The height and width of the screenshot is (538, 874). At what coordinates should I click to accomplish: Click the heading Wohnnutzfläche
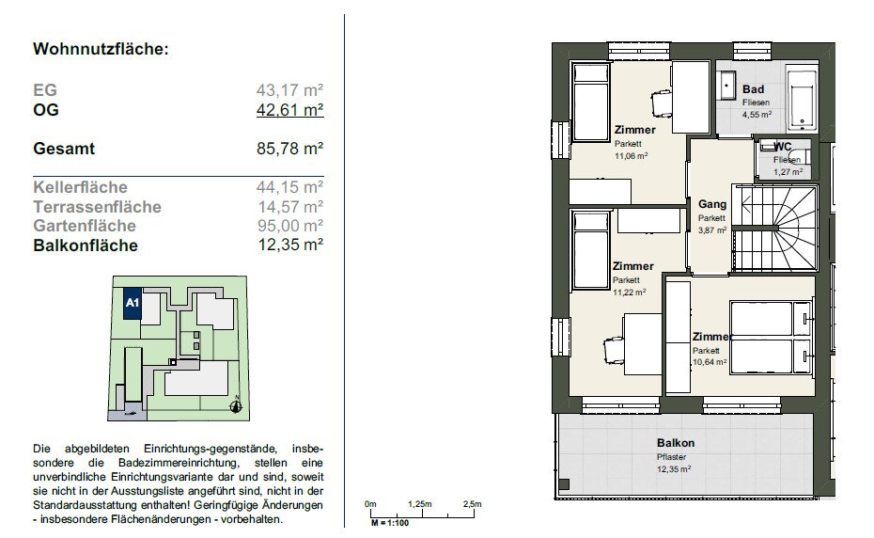click(x=101, y=49)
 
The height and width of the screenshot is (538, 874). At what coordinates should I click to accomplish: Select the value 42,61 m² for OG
click(x=289, y=109)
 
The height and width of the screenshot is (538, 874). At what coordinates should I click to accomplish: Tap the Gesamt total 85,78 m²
click(x=289, y=149)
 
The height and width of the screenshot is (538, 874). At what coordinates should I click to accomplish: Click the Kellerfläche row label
click(x=80, y=187)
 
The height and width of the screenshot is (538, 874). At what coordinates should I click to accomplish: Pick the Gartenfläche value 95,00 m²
click(x=290, y=226)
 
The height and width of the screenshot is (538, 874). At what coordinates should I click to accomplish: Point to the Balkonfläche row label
click(x=86, y=245)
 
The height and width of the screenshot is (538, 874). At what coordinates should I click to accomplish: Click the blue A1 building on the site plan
click(x=133, y=303)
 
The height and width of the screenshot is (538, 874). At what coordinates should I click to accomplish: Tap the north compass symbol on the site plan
click(x=236, y=405)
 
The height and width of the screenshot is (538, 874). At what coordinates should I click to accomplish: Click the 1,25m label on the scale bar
click(x=420, y=504)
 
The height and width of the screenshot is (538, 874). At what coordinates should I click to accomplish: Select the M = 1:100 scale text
click(x=390, y=523)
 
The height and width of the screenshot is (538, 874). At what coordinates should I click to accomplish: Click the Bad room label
click(x=753, y=89)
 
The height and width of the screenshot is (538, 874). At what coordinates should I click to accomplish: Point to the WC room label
click(x=783, y=147)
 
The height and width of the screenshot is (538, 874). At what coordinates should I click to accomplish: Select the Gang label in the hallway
click(x=712, y=204)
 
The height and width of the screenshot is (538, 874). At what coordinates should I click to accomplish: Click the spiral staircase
click(x=775, y=229)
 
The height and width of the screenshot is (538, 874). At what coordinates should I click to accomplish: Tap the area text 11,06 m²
click(x=631, y=156)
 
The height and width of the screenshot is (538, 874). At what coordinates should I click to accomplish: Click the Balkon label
click(x=676, y=443)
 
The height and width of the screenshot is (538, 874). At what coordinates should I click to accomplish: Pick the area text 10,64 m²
click(x=710, y=362)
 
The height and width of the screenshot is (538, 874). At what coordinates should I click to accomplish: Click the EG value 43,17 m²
click(x=289, y=90)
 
